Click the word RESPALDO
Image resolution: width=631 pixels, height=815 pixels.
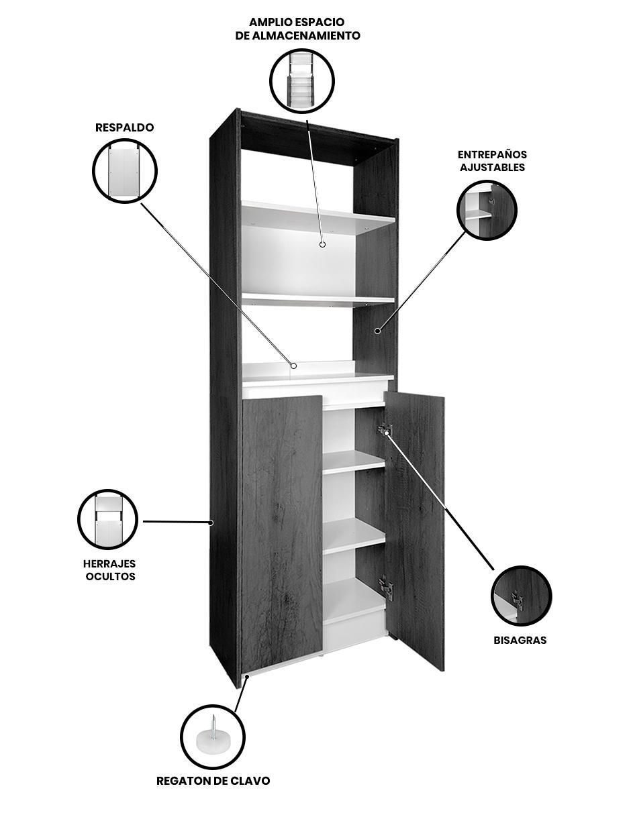[125, 127]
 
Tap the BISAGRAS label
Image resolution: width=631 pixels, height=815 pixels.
[520, 640]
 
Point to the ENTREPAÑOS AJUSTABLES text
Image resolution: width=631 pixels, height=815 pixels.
[492, 160]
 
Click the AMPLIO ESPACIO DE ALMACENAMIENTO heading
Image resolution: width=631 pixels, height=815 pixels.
[297, 28]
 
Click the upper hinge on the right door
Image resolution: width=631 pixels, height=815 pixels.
[385, 429]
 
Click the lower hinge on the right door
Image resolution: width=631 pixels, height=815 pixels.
[386, 588]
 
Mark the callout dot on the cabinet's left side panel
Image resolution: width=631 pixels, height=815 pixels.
[211, 522]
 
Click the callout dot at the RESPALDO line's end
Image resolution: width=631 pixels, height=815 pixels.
[294, 366]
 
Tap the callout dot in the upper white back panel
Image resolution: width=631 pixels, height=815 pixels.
[322, 244]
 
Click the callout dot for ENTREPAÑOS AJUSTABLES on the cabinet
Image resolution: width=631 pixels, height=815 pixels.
[377, 331]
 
